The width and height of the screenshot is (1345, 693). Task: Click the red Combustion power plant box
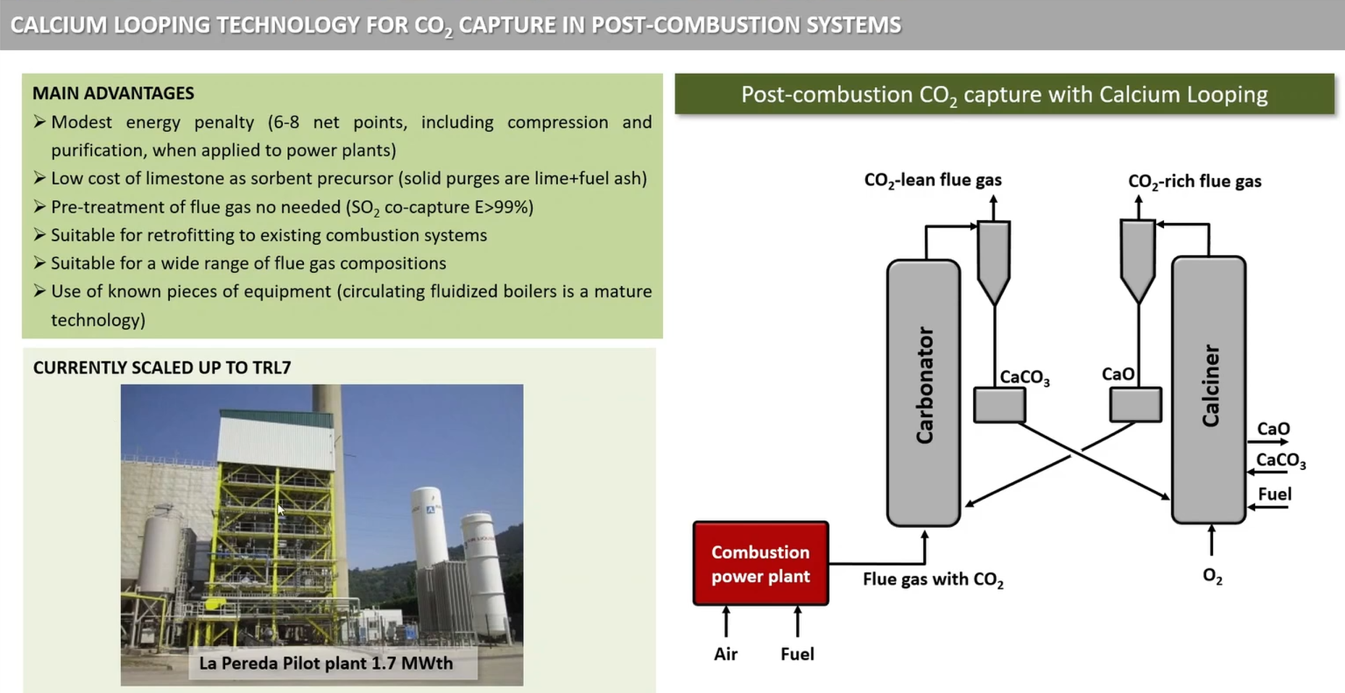tap(761, 563)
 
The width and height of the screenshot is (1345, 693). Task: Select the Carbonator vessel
tap(924, 392)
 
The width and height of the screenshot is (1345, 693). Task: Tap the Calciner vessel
tap(1209, 390)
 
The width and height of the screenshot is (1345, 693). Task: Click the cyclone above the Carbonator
tap(994, 261)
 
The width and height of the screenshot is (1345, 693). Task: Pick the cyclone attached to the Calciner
tap(1137, 259)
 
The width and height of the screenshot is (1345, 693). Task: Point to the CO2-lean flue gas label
tap(933, 180)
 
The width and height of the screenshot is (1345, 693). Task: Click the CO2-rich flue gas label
tap(1194, 182)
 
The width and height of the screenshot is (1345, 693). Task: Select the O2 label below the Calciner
tap(1213, 576)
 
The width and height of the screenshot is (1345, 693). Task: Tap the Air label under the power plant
tap(725, 654)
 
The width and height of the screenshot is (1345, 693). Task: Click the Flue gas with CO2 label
tap(933, 580)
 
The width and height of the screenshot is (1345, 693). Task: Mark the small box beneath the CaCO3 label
tap(1000, 405)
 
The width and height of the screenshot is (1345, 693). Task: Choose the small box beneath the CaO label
tap(1136, 404)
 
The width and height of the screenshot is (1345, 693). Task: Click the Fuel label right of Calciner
tap(1275, 494)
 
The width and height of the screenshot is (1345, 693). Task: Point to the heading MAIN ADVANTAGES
tap(114, 93)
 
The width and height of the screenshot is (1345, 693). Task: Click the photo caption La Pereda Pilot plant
tap(326, 663)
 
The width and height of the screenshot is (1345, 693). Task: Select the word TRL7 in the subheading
tap(272, 368)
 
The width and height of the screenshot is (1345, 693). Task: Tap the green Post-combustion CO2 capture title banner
tap(1005, 94)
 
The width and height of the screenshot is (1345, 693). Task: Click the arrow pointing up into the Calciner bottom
tap(1212, 541)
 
